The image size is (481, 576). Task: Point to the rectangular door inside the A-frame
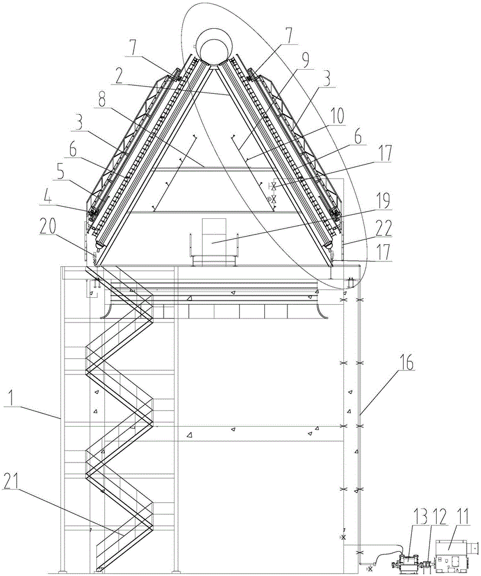click(x=213, y=232)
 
